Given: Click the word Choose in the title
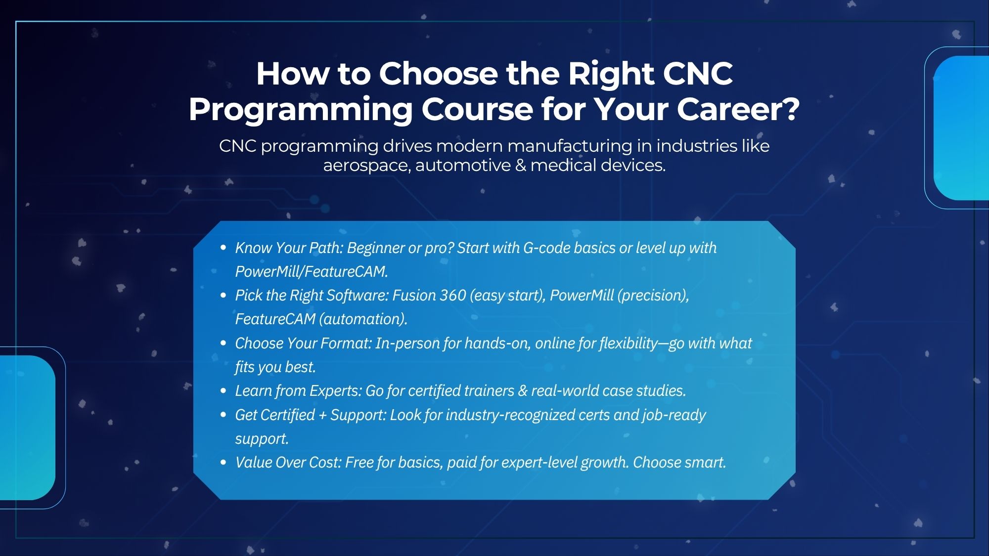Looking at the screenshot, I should (439, 74).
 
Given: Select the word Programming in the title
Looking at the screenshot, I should (300, 109).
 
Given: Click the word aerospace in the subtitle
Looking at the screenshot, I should (366, 165).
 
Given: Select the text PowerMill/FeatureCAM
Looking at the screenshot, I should (311, 271).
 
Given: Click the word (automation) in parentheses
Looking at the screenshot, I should (363, 319).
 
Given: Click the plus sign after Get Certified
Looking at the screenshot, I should (322, 415).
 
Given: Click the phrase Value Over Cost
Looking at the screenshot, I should (288, 462).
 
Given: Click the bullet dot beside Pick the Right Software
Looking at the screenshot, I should (224, 296).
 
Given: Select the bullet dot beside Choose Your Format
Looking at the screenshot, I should (224, 343).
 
